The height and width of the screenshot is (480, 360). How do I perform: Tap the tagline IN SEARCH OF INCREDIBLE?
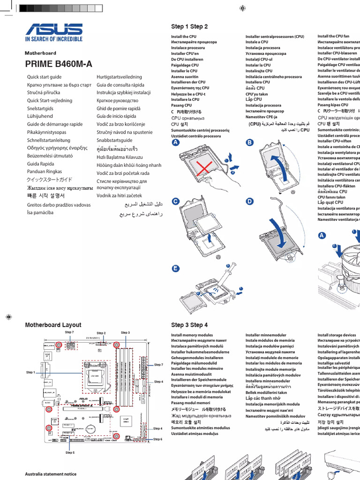[53, 39]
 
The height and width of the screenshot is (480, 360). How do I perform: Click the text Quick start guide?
[44, 76]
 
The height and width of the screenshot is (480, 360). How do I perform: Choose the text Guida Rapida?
[40, 164]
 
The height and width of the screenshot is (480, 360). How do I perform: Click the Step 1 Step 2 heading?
[189, 27]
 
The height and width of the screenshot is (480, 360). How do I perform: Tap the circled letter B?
[250, 142]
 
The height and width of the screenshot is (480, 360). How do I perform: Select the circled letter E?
[175, 269]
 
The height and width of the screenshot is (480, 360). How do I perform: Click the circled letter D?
[250, 201]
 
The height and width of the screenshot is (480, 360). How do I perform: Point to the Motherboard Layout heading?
[53, 325]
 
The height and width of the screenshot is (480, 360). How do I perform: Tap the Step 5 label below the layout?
[70, 452]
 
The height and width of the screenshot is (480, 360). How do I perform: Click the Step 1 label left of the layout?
[30, 372]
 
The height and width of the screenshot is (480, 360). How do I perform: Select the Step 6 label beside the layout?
[157, 439]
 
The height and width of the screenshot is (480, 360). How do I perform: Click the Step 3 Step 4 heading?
[189, 325]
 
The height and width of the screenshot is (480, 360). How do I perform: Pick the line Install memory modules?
[192, 335]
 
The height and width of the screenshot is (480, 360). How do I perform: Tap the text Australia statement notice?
[51, 474]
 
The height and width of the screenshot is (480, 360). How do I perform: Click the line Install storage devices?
[337, 335]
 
